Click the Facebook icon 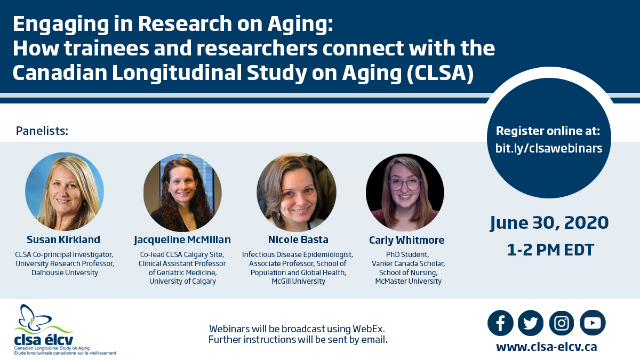click(500, 323)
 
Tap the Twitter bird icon click(531, 323)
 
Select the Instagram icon click(562, 323)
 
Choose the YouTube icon click(593, 323)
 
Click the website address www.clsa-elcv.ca click(547, 347)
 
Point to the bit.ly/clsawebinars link click(549, 148)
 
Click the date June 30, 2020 click(549, 223)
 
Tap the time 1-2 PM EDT click(550, 250)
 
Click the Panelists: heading click(42, 131)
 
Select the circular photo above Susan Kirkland click(65, 191)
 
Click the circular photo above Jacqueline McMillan click(182, 193)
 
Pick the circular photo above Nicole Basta click(297, 192)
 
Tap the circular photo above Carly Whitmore click(405, 193)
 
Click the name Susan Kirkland click(63, 239)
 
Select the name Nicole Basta click(298, 239)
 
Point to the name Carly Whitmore click(406, 241)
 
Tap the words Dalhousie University click(65, 273)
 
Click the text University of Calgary click(182, 282)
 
